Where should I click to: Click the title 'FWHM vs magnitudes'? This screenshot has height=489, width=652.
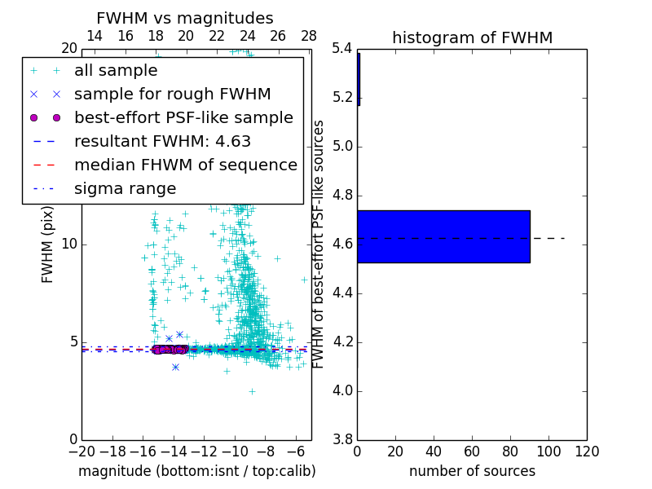click(x=184, y=18)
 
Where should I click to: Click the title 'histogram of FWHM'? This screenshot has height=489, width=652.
click(x=472, y=37)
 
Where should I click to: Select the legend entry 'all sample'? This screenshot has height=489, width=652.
click(x=116, y=71)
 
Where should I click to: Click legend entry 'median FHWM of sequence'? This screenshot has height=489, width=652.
click(x=185, y=165)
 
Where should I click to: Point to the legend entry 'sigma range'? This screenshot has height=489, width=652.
click(x=125, y=189)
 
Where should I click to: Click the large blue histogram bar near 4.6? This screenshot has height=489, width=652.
click(x=443, y=236)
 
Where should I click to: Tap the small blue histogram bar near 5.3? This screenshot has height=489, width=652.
click(x=359, y=79)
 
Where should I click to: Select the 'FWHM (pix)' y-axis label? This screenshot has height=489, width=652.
click(x=48, y=244)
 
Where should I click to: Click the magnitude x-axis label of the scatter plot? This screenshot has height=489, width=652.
click(x=196, y=471)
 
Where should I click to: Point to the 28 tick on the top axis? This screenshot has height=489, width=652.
click(x=309, y=36)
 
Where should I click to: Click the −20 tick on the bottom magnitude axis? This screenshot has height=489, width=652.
click(x=81, y=452)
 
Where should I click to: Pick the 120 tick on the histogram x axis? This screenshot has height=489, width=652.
click(x=587, y=452)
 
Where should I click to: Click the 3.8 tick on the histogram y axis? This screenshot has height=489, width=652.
click(x=341, y=439)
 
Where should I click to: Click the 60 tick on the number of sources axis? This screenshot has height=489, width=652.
click(x=472, y=452)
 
